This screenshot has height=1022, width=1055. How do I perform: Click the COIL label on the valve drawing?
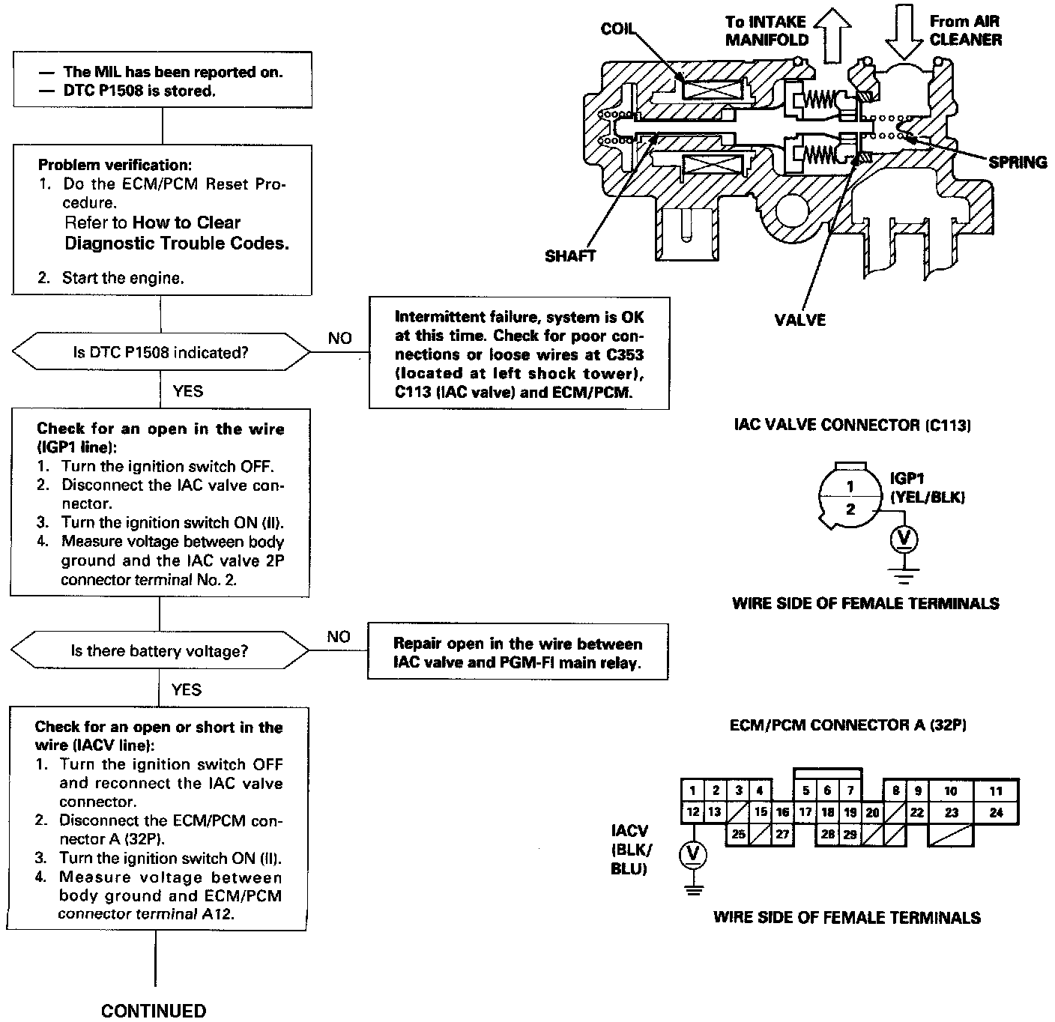[x=617, y=29]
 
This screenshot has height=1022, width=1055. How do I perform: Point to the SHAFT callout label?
[x=570, y=256]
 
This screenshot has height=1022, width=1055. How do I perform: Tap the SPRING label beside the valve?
[x=1018, y=163]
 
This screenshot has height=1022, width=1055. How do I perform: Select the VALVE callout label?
[x=799, y=320]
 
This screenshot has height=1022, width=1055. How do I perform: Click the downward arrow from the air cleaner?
[x=904, y=31]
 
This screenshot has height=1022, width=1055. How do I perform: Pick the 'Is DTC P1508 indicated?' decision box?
[x=161, y=352]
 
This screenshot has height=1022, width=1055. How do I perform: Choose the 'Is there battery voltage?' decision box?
[x=160, y=650]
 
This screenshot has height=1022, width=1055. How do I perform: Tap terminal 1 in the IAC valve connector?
[x=850, y=486]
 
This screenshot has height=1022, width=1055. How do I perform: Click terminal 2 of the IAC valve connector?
[x=850, y=509]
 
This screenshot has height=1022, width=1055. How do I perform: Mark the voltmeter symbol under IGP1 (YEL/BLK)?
[x=904, y=539]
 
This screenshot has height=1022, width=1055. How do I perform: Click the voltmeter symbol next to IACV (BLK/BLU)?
[x=693, y=854]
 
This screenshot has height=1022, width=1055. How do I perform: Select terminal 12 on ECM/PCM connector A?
[x=693, y=811]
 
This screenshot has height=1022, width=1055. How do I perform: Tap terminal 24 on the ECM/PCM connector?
[x=996, y=812]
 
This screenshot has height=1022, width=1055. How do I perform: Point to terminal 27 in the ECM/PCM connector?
[x=782, y=834]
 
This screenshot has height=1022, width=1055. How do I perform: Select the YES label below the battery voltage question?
[x=186, y=689]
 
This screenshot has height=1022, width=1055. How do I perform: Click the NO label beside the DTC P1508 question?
[x=340, y=339]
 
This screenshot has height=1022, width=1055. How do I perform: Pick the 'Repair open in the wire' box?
[x=518, y=651]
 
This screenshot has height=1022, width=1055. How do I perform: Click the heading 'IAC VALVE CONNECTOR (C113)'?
[x=852, y=425]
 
